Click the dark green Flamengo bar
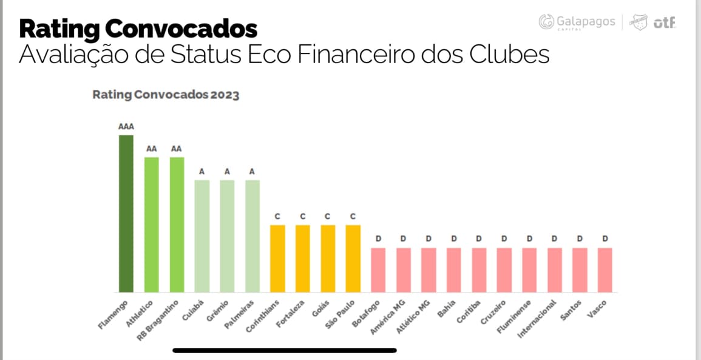[126, 214]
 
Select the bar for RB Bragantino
[177, 225]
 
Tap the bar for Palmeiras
[252, 236]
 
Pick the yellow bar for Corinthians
[277, 259]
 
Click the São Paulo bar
[353, 259]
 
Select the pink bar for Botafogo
[378, 270]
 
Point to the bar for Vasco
[604, 270]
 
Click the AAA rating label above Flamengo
[126, 127]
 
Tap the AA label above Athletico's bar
[151, 149]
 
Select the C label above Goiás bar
[328, 216]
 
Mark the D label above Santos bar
[580, 239]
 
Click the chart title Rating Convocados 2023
[166, 95]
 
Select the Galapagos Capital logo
[577, 22]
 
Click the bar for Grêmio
[227, 236]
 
